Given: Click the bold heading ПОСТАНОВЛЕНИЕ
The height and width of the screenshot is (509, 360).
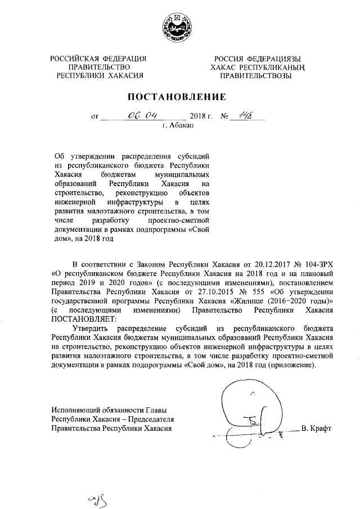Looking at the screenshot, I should pyautogui.click(x=179, y=97).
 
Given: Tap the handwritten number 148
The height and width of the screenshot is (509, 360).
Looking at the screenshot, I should pyautogui.click(x=245, y=116).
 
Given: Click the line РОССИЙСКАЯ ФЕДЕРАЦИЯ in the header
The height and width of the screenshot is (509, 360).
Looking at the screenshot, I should pyautogui.click(x=98, y=59).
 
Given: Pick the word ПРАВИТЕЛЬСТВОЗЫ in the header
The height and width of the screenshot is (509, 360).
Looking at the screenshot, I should pyautogui.click(x=255, y=75).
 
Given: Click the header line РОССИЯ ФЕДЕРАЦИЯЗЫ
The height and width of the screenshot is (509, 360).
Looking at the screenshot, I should pyautogui.click(x=256, y=59).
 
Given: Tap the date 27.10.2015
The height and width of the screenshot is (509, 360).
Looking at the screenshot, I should pyautogui.click(x=215, y=292).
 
